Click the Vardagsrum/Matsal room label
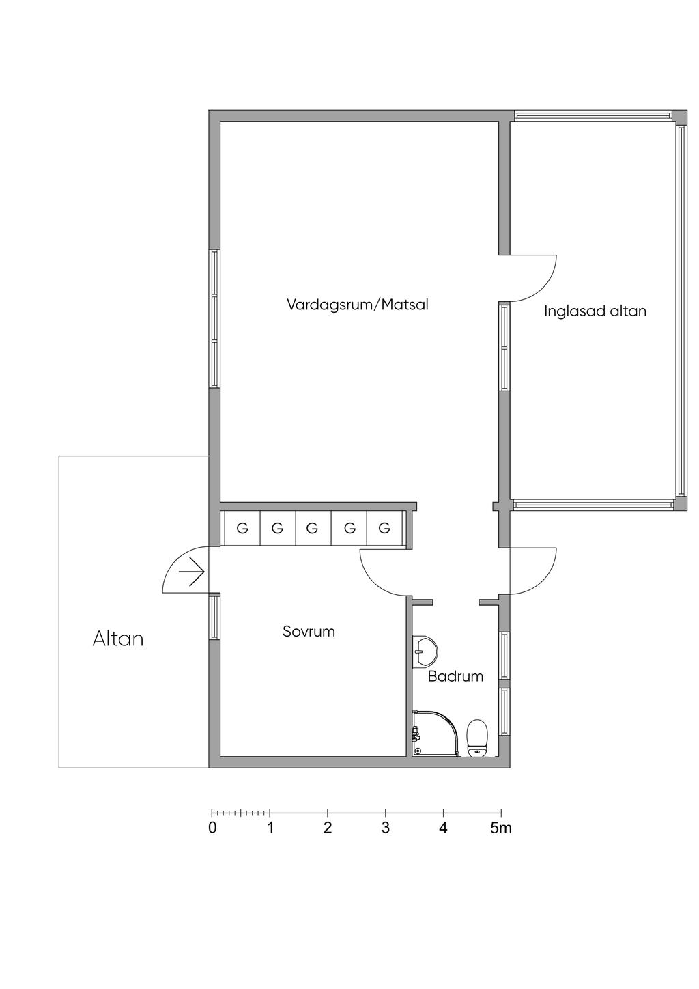pyautogui.click(x=358, y=305)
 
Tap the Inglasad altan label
pyautogui.click(x=595, y=311)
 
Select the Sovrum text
pyautogui.click(x=309, y=631)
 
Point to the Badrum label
pyautogui.click(x=455, y=676)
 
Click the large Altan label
pyautogui.click(x=118, y=639)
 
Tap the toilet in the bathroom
pyautogui.click(x=477, y=738)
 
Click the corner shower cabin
pyautogui.click(x=435, y=733)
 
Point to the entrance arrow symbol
pyautogui.click(x=192, y=572)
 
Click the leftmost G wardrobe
pyautogui.click(x=242, y=527)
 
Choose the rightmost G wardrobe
pyautogui.click(x=384, y=527)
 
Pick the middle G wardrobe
pyautogui.click(x=313, y=527)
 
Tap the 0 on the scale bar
pyautogui.click(x=212, y=828)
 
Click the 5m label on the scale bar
pyautogui.click(x=501, y=828)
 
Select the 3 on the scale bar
pyautogui.click(x=385, y=828)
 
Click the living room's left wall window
pyautogui.click(x=214, y=319)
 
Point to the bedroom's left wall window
pyautogui.click(x=214, y=617)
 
